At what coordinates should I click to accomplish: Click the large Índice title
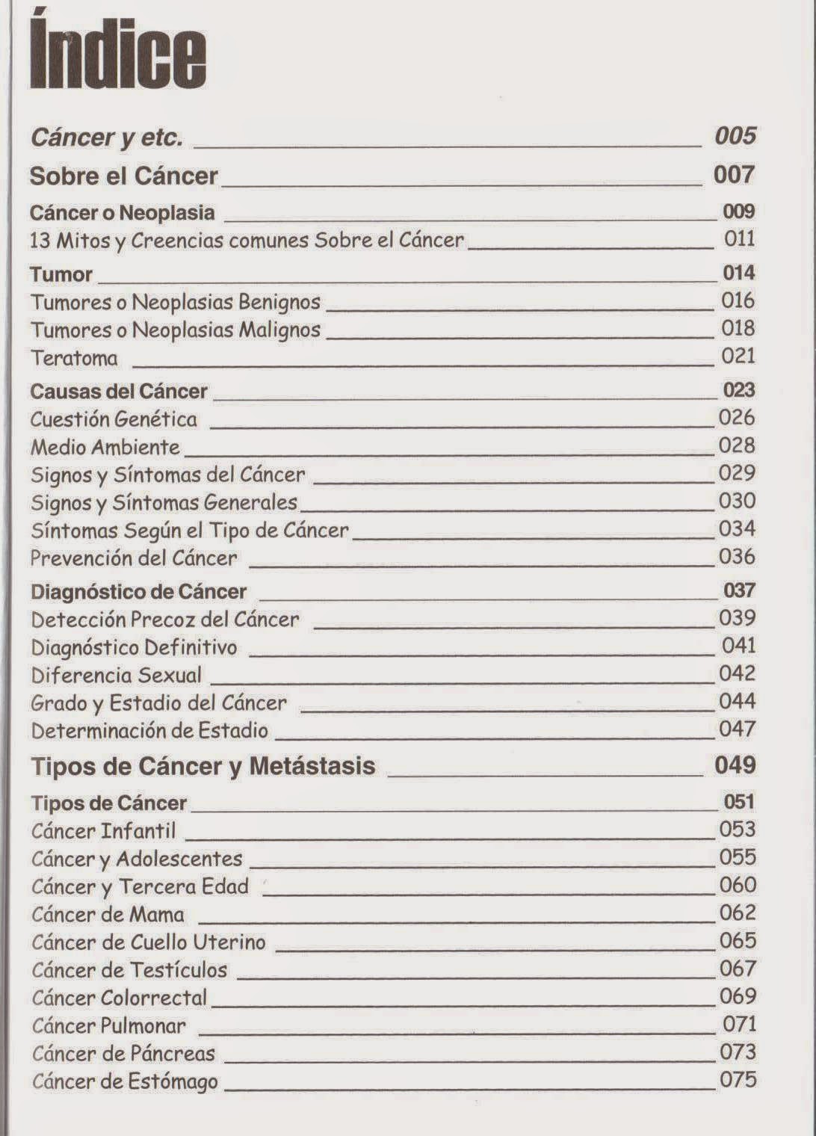117,55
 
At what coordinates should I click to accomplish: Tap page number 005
735,136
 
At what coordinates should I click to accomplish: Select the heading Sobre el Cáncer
123,176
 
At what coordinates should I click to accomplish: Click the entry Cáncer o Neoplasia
122,212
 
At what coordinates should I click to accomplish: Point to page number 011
739,239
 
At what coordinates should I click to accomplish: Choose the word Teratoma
74,358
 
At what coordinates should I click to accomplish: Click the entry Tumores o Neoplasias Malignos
176,330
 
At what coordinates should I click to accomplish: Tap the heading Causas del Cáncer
119,391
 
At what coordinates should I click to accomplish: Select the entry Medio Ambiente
105,447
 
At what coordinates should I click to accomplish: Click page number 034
737,529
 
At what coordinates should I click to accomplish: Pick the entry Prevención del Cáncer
134,558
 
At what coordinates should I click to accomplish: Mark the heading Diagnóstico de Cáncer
138,592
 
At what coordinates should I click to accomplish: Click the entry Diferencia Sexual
117,675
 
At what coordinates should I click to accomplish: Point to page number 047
737,729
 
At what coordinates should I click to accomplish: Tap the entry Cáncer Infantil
104,830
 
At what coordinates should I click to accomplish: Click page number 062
738,913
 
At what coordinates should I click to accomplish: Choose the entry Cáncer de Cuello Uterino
149,942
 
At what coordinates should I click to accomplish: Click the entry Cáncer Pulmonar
109,1025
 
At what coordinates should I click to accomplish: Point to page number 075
738,1080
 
